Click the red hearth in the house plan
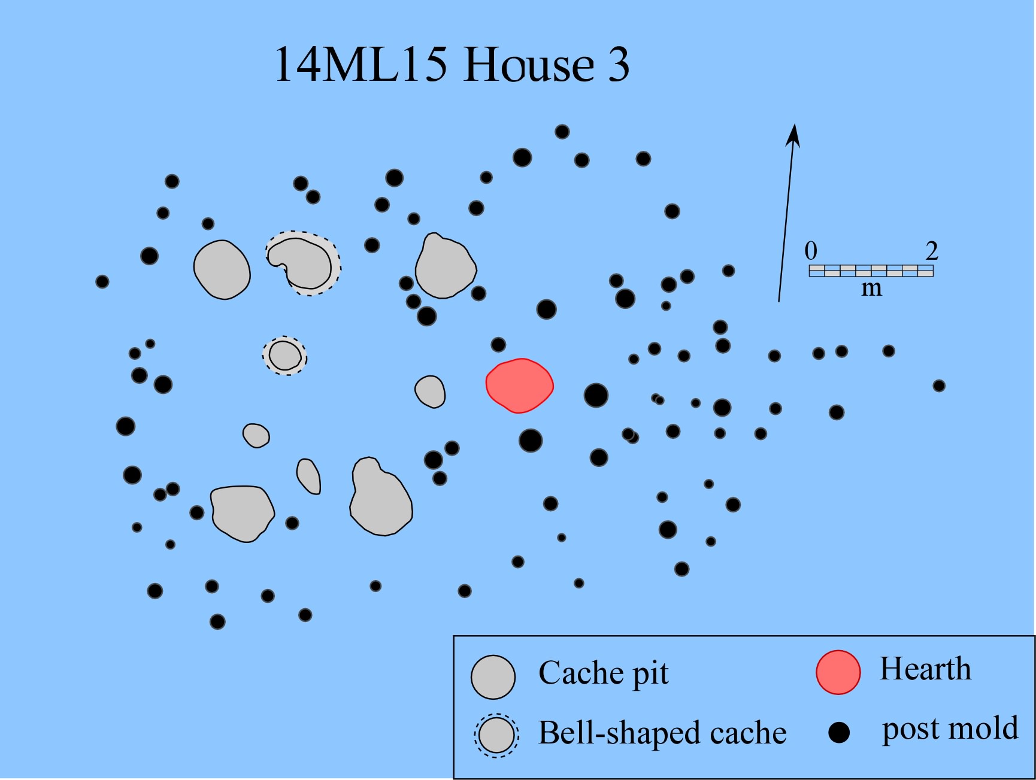(x=519, y=386)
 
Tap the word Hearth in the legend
(x=925, y=669)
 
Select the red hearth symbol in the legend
(x=838, y=672)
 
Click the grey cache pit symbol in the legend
(x=493, y=677)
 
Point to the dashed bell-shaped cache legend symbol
(x=496, y=735)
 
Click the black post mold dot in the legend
(x=839, y=733)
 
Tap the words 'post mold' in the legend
(x=950, y=729)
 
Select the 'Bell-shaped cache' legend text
(x=662, y=733)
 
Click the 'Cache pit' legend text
(x=603, y=673)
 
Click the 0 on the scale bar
(x=811, y=251)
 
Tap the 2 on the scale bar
(x=931, y=251)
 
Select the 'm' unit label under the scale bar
(x=871, y=289)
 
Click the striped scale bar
(x=871, y=271)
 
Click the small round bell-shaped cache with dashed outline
(x=284, y=355)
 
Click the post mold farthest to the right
(x=939, y=386)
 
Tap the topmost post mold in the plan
(x=562, y=132)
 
